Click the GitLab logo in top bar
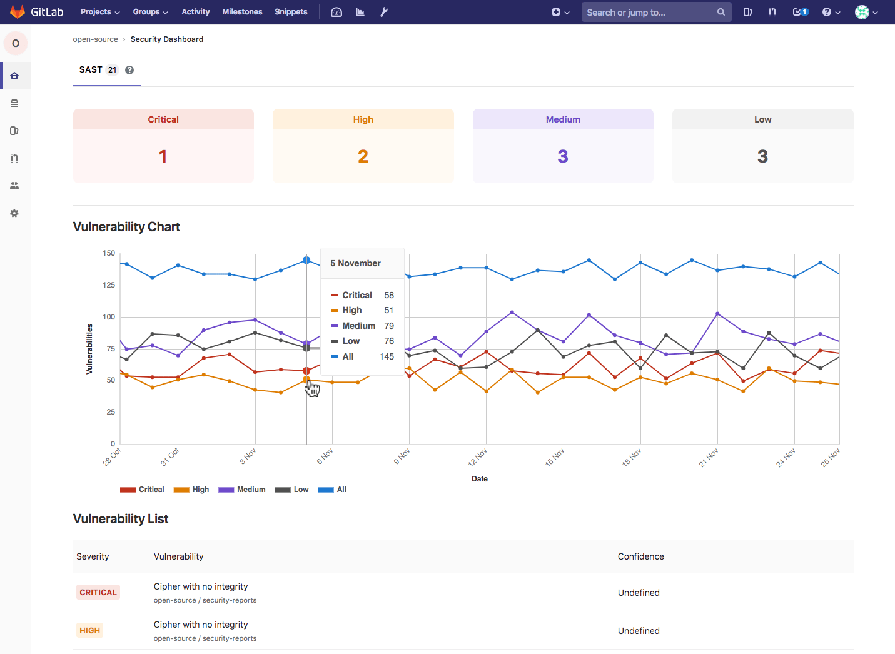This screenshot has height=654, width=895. coord(18,12)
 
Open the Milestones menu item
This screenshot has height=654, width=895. coord(242,12)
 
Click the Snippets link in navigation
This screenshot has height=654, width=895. coord(291,12)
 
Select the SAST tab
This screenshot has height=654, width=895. coord(91,70)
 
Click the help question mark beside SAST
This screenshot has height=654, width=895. coord(129,70)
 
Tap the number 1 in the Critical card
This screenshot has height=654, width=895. coord(163,156)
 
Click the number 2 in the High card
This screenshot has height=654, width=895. coord(363,156)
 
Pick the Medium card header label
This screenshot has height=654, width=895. coord(563,119)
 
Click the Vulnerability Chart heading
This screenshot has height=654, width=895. coord(126,227)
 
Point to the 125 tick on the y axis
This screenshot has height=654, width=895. coord(109,285)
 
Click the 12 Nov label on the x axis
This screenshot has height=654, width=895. coord(478,458)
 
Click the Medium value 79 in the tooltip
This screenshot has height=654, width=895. coord(389,326)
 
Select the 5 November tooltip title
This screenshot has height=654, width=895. coord(355,263)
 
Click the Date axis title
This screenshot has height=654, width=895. coord(480,479)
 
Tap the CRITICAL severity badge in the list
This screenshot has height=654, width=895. coord(98,593)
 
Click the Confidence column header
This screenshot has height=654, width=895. coord(640,556)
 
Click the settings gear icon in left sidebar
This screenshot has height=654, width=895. coord(14,213)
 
